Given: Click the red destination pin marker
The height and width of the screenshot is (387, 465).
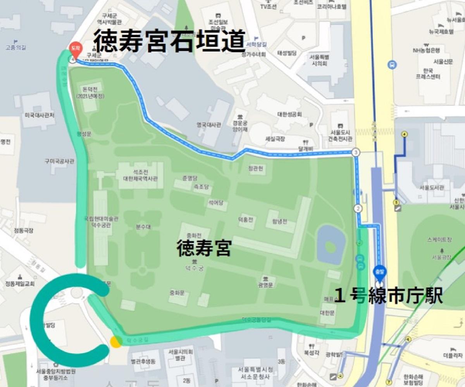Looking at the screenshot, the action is click(74, 48).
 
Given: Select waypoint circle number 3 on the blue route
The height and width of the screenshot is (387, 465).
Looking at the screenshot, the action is click(356, 152).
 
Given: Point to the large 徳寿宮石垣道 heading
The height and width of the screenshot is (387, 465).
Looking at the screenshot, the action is click(170, 42).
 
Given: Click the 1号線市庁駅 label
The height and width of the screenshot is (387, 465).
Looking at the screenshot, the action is click(388, 297).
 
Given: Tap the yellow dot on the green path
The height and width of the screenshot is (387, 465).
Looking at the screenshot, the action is click(115, 342).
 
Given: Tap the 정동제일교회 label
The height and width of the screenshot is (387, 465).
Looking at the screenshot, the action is click(20, 283).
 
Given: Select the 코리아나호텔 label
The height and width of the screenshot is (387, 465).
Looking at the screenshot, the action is click(331, 7).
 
